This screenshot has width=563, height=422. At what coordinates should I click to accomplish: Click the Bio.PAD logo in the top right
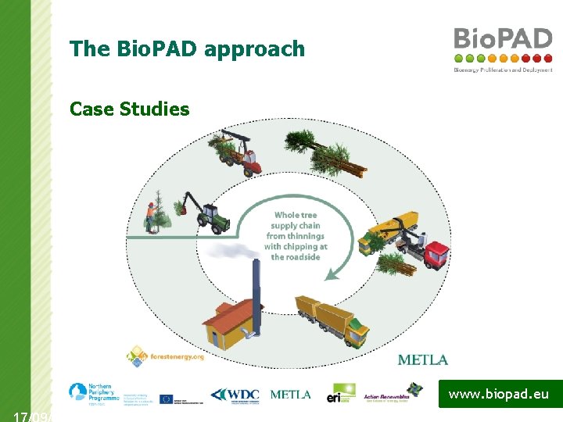tap(503, 48)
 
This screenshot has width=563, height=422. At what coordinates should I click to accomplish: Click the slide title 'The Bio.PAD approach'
tap(187, 49)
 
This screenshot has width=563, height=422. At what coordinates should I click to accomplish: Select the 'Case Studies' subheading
tap(129, 109)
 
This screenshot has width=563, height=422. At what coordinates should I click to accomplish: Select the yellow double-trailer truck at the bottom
tap(332, 320)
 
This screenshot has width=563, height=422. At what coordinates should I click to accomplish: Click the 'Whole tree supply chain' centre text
tap(296, 235)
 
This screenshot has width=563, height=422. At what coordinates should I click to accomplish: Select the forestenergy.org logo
tap(166, 356)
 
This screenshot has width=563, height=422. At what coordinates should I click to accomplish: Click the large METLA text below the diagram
tap(423, 359)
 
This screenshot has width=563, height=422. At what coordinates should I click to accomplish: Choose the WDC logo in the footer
tap(235, 395)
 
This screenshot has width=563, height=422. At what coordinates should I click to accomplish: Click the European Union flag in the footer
tap(167, 399)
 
